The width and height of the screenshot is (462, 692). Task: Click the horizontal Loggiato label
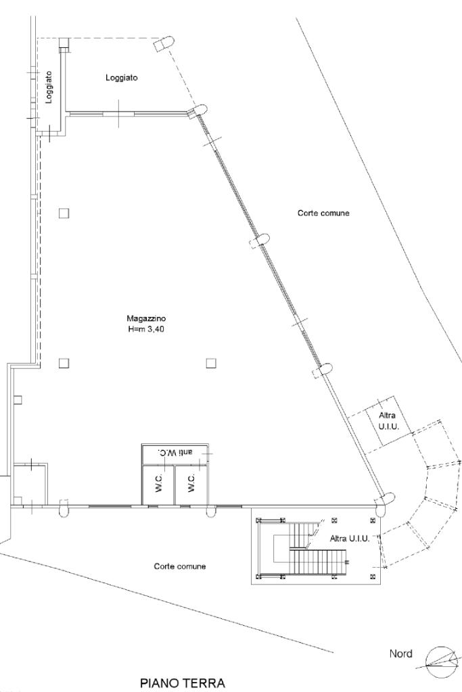click(122, 78)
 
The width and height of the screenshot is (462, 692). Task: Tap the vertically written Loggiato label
click(49, 89)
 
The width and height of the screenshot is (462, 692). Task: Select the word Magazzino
click(146, 318)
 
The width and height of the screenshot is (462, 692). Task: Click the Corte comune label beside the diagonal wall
click(323, 213)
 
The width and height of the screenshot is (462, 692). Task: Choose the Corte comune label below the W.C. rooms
click(179, 566)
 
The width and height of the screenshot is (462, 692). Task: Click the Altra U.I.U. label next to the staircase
click(349, 539)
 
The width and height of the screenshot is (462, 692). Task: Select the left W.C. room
click(158, 485)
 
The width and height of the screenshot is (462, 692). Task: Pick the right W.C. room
click(191, 485)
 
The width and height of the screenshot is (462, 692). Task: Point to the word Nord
click(401, 653)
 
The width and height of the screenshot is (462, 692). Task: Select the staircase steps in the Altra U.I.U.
click(318, 558)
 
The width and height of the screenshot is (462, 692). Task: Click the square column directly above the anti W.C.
click(211, 363)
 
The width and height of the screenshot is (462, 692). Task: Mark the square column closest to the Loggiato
click(64, 213)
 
